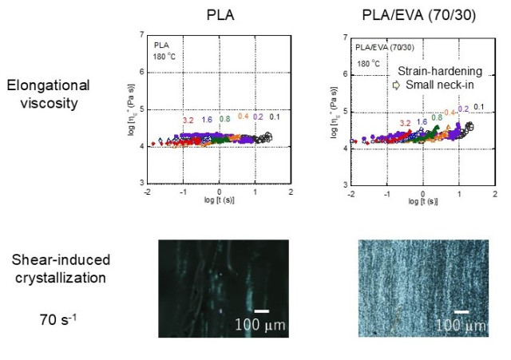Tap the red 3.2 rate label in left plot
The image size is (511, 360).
point(188,121)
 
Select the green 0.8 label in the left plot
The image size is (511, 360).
point(225,120)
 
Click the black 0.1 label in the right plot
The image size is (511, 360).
point(479,106)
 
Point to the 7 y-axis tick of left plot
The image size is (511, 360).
point(142,35)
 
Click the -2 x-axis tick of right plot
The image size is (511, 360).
point(351,195)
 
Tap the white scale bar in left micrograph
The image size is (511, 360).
point(261,311)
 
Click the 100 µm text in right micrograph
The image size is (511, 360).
point(461,326)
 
